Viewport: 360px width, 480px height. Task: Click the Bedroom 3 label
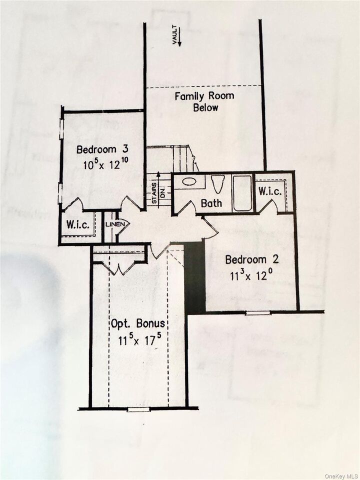[x=103, y=149]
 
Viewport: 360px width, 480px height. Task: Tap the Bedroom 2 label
[x=251, y=259]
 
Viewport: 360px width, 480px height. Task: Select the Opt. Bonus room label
[x=138, y=323]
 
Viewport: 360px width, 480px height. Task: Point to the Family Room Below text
[x=203, y=101]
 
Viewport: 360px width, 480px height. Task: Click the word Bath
[x=211, y=203]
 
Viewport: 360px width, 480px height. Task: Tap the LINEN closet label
[x=114, y=224]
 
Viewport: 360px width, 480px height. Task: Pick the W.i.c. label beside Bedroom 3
[x=77, y=225]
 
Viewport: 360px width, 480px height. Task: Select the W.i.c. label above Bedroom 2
[x=269, y=191]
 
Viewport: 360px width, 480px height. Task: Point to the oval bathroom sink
[x=189, y=181]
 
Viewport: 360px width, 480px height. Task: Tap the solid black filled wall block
[x=194, y=277]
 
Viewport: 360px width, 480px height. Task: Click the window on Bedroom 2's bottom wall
[x=258, y=313]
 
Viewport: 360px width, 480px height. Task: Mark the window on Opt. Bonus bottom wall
[x=138, y=409]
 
